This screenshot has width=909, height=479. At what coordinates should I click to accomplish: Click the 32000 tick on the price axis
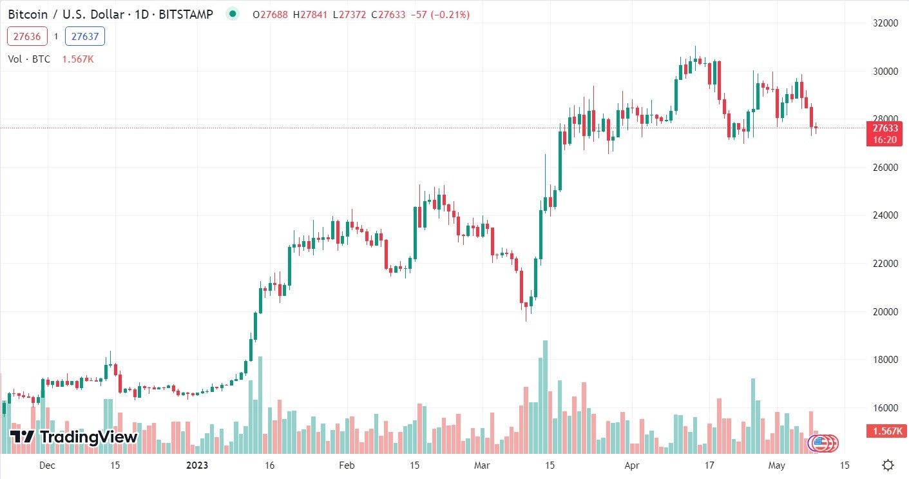[885, 23]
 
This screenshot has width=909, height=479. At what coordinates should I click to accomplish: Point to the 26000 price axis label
[885, 168]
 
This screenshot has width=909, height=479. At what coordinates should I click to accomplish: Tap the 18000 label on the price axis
[885, 360]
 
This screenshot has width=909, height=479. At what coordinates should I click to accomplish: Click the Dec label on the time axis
[47, 465]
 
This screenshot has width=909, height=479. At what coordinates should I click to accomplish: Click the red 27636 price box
[27, 37]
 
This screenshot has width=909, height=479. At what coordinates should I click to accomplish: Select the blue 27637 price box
[85, 37]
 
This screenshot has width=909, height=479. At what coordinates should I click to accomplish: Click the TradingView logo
[74, 437]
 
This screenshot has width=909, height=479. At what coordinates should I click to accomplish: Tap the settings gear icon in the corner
[888, 465]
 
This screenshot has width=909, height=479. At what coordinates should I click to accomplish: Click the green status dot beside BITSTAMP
[233, 14]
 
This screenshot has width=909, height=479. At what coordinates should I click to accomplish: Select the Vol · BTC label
[30, 59]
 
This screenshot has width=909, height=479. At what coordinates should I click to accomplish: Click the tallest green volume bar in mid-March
[545, 396]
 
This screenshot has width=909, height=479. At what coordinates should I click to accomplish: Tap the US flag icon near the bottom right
[819, 442]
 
